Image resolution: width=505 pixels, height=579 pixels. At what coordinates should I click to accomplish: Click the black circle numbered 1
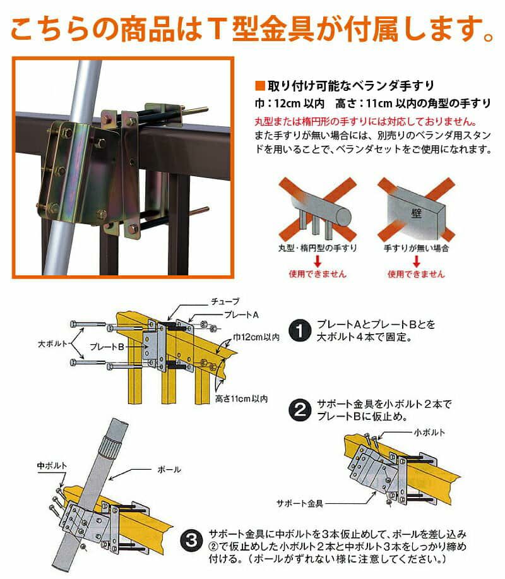pos(300,330)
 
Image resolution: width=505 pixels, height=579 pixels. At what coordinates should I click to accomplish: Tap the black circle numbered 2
pos(300,410)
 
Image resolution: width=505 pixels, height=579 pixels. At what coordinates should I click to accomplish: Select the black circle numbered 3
pos(192,540)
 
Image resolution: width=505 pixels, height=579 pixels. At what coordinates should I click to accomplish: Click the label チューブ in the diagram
pos(225,302)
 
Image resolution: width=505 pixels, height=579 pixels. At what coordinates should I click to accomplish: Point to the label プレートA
pos(241,314)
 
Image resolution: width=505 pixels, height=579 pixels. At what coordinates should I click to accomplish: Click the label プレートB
pos(107,347)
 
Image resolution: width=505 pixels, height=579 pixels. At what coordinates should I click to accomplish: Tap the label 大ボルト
pos(52,343)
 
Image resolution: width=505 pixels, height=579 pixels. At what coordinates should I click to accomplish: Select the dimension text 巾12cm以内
pos(256,337)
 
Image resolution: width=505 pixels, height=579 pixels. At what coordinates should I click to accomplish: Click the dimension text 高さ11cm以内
pos(241,399)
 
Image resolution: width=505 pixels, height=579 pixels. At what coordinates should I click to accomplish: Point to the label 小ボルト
pos(429,433)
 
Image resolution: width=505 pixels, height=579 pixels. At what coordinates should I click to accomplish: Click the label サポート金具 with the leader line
pos(300,503)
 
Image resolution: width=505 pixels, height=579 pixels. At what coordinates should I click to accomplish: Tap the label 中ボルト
pos(52,465)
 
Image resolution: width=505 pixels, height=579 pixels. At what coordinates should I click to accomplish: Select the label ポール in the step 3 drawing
pos(169,470)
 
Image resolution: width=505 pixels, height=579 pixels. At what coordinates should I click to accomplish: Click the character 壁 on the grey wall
pos(417,213)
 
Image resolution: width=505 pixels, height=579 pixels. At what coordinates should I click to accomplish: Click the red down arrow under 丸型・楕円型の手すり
pos(318,261)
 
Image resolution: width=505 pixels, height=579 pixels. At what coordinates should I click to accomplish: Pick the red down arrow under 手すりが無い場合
pos(417,261)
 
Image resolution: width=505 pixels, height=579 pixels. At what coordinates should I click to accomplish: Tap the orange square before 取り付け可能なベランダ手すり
pos(260,86)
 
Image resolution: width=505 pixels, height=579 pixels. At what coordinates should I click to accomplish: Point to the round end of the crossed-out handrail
pos(343,216)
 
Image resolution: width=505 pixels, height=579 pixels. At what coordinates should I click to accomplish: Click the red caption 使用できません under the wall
pos(416,274)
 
